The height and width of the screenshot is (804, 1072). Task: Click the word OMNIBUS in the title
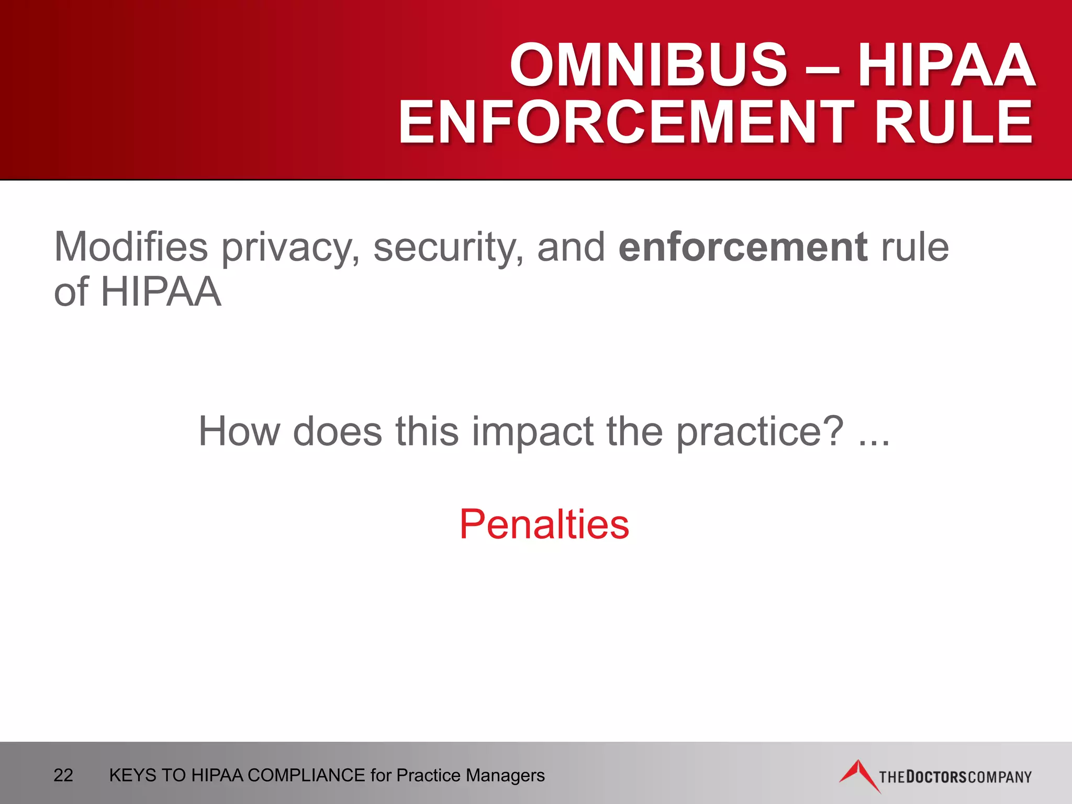click(648, 65)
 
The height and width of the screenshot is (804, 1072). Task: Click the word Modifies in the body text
click(131, 247)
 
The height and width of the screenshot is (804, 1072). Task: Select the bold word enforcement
click(743, 247)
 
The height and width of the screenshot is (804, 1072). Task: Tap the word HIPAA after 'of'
click(161, 292)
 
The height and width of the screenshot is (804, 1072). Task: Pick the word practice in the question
click(759, 432)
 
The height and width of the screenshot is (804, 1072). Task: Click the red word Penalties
click(544, 524)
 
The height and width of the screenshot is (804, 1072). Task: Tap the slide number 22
click(63, 775)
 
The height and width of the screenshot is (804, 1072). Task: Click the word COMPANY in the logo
click(1000, 777)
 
